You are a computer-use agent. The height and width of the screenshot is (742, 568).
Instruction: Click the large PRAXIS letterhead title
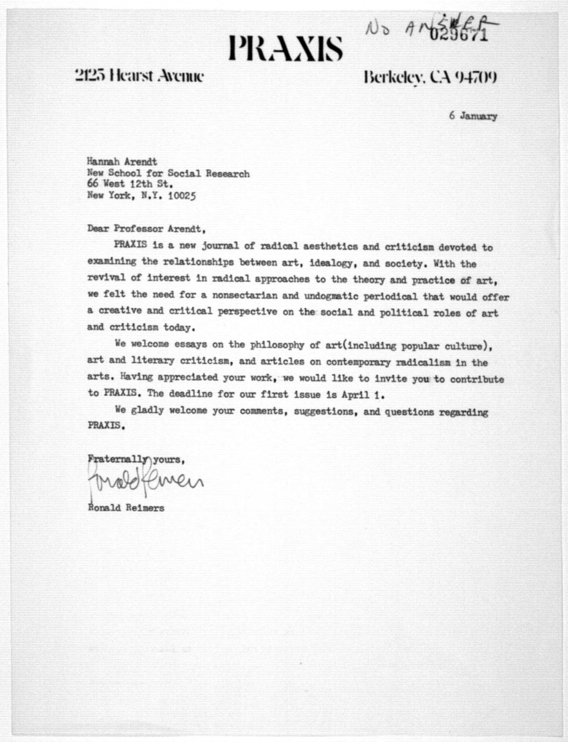click(286, 49)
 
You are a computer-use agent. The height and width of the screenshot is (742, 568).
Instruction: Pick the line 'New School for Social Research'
click(168, 173)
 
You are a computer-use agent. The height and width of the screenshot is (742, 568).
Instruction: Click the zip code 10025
click(182, 196)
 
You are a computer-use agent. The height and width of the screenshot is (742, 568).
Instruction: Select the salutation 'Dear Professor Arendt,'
click(146, 229)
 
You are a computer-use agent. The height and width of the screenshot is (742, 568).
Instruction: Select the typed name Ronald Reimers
click(126, 508)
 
